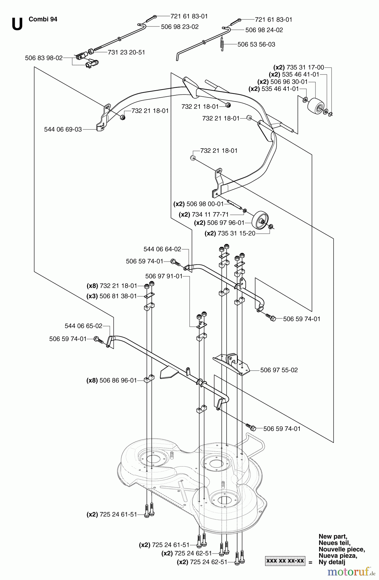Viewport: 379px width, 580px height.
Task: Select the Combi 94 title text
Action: coord(43,19)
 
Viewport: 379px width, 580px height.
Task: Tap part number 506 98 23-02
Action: coord(180,27)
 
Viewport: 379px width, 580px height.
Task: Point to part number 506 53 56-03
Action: coord(256,44)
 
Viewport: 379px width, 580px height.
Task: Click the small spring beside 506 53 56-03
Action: coord(222,43)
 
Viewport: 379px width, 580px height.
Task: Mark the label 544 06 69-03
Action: coord(63,130)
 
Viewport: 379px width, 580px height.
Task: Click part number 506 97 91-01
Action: coord(164,276)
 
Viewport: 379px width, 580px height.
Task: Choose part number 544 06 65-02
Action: coord(83,326)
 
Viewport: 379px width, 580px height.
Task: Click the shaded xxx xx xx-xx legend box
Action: coord(285,561)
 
